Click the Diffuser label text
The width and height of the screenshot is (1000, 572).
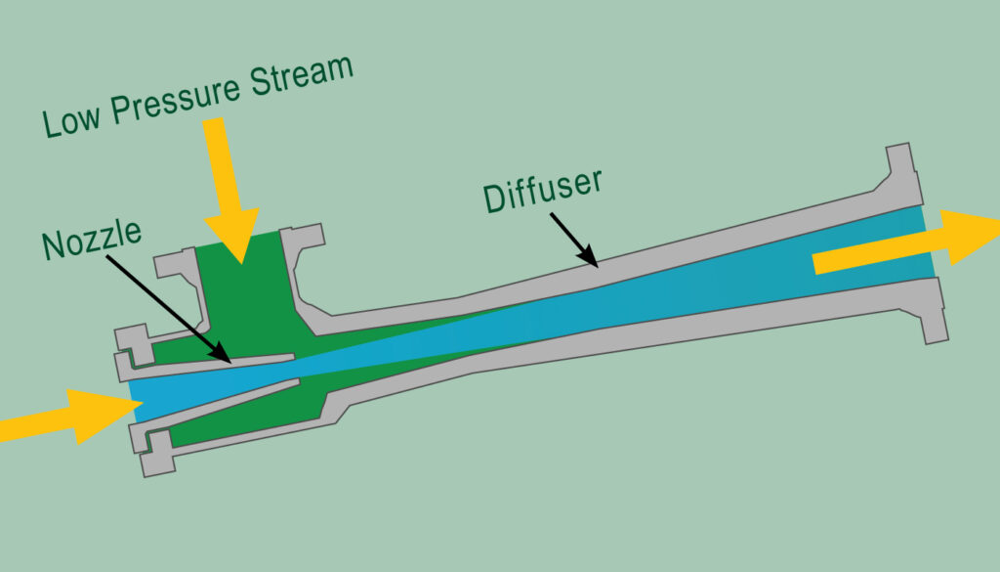pos(542,192)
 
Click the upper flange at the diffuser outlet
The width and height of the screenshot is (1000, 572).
pos(903,171)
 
